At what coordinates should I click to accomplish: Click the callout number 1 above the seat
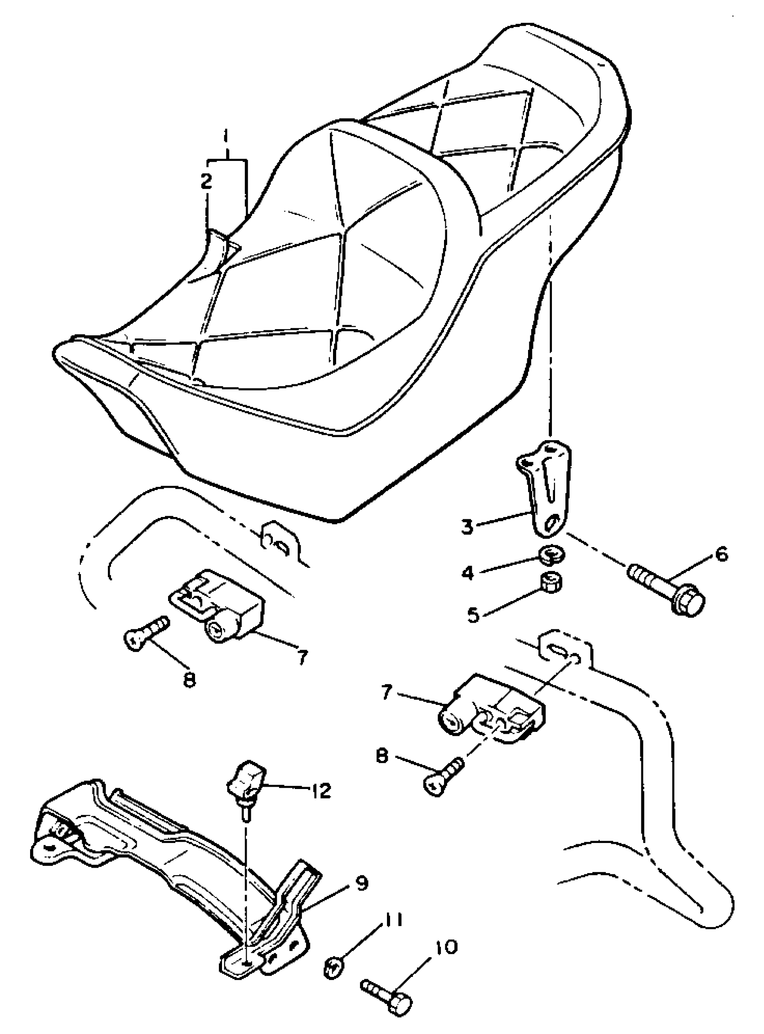click(226, 138)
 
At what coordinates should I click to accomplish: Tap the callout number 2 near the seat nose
click(206, 181)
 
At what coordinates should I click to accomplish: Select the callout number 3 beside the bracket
click(467, 527)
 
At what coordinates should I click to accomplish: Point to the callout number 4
click(467, 573)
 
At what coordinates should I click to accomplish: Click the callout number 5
click(473, 615)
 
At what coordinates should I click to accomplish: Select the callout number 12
click(320, 791)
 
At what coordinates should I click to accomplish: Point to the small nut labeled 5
click(551, 584)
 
